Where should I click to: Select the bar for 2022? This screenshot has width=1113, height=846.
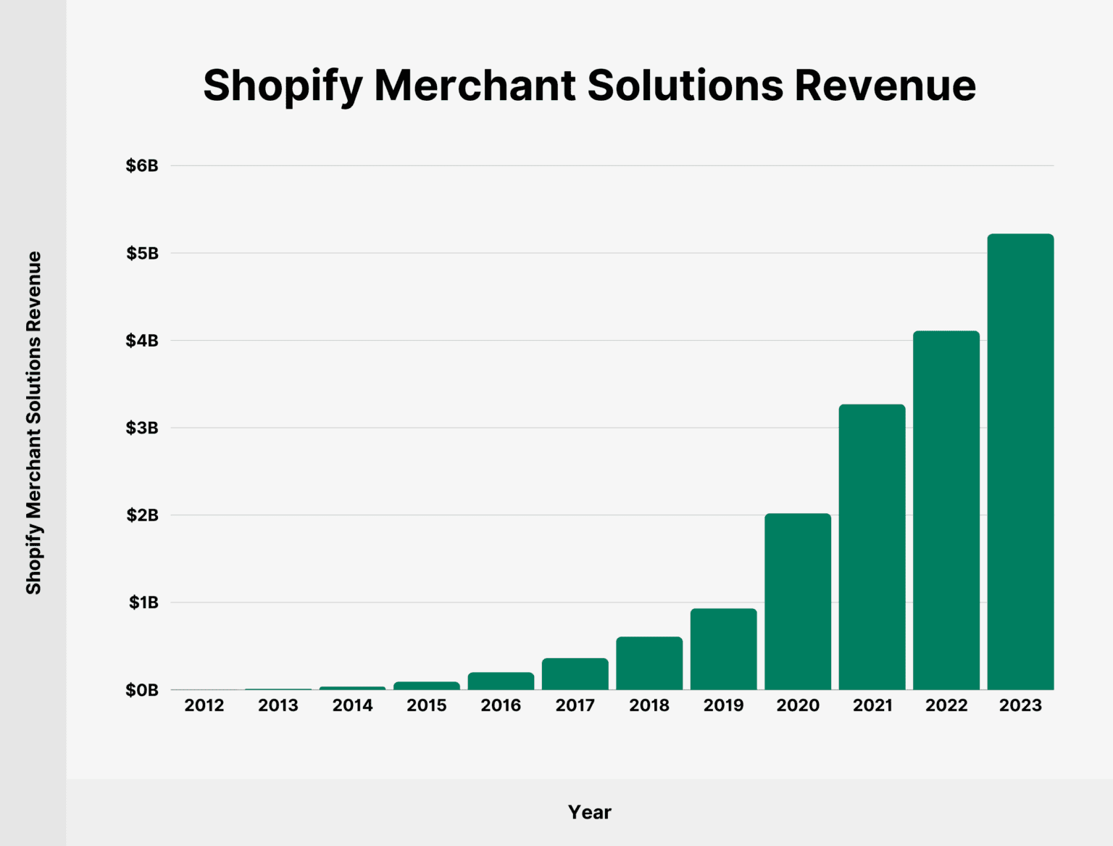[x=946, y=510]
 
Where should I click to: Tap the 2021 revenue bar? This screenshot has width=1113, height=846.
[x=872, y=547]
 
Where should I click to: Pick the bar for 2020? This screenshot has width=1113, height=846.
[x=798, y=602]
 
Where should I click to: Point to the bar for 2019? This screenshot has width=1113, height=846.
[x=723, y=649]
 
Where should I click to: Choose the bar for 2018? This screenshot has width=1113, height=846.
[x=649, y=663]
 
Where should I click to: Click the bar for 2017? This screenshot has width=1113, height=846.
[x=575, y=674]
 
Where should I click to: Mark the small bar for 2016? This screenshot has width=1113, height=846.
[x=501, y=681]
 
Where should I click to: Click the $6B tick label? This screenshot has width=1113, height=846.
[x=142, y=166]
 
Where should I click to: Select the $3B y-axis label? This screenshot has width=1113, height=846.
[x=142, y=428]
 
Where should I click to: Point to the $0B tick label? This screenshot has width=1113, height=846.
[x=142, y=691]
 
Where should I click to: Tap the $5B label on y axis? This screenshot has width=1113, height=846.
[x=142, y=254]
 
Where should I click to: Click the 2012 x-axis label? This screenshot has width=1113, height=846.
[x=204, y=705]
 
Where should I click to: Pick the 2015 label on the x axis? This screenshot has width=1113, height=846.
[x=427, y=705]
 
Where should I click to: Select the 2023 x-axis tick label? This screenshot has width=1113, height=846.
[x=1020, y=705]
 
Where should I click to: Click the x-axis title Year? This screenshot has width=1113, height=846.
[x=589, y=812]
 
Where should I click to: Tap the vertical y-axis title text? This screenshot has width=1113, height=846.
[x=34, y=423]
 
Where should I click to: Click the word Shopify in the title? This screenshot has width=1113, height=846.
[x=283, y=86]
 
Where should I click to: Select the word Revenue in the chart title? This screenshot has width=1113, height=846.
[x=885, y=86]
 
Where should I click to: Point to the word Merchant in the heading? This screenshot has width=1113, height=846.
[x=475, y=86]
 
